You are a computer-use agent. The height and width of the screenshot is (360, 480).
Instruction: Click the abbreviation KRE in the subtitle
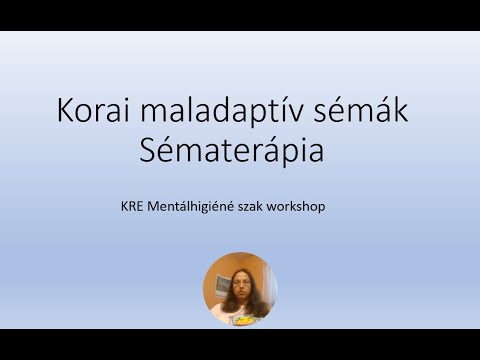(128, 209)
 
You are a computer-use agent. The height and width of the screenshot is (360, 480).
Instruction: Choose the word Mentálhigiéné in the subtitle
(190, 209)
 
